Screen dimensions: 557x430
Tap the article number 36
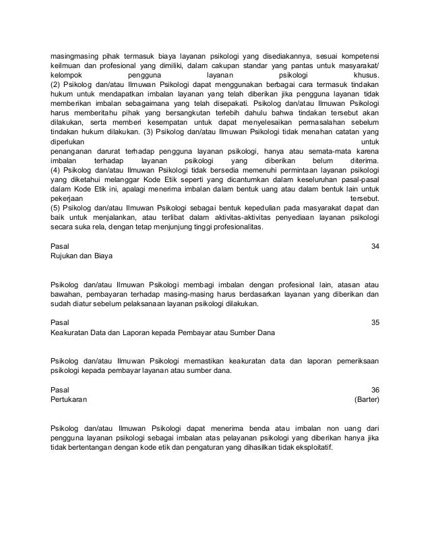[x=375, y=390]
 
